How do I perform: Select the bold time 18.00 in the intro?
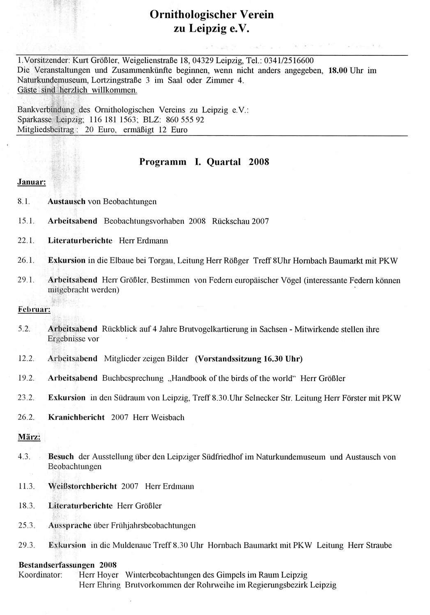coord(338,70)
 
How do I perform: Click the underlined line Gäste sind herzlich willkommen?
coord(77,90)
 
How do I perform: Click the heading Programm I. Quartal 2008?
coord(204,161)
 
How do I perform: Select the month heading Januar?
coord(31,182)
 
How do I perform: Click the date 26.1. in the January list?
coord(25,260)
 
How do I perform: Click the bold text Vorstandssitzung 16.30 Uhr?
coord(248,358)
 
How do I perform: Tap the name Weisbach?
coord(168,417)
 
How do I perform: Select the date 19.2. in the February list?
coord(25,378)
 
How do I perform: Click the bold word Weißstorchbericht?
coord(82,486)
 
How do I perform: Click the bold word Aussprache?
coord(69,526)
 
